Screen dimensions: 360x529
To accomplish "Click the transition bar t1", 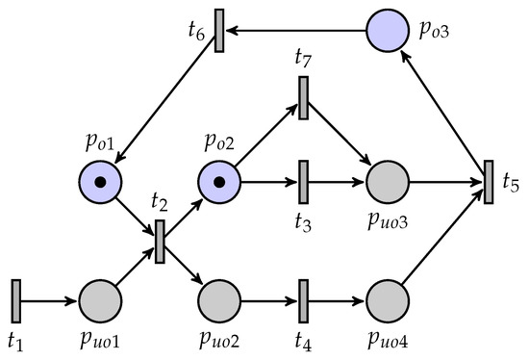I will [x=16, y=301].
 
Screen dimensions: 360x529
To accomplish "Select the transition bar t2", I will [x=160, y=241].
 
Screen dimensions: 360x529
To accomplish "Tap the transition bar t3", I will [x=303, y=180].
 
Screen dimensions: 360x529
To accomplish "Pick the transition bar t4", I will [x=303, y=301].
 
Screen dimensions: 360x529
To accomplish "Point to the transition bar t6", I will [x=219, y=31].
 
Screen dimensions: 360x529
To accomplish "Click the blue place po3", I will [x=389, y=31].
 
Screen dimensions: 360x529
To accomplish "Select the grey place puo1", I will [x=100, y=301].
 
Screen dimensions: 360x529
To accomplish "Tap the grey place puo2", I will [x=220, y=301].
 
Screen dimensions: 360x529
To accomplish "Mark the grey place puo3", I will [x=389, y=180].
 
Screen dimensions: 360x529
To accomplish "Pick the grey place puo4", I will [x=389, y=301].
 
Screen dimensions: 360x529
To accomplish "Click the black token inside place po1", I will [x=100, y=180].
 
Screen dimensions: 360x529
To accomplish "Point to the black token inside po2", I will [x=220, y=180].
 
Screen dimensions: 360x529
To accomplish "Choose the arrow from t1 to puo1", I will [x=50, y=301].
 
